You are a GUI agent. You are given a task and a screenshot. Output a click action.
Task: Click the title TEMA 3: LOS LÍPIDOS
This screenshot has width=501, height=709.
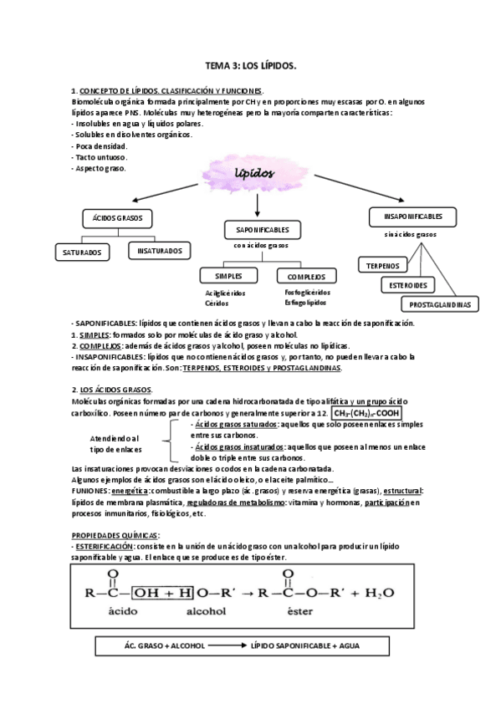(x=250, y=64)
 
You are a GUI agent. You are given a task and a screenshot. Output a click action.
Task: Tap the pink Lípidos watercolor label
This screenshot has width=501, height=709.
(x=250, y=175)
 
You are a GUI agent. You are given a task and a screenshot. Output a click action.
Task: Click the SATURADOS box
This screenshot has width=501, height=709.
(x=82, y=251)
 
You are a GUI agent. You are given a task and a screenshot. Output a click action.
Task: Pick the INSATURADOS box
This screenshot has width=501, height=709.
(x=160, y=250)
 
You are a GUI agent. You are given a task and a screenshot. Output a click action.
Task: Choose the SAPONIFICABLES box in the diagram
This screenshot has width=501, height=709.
(x=258, y=228)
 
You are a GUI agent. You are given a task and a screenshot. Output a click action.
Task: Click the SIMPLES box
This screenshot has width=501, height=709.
(x=228, y=275)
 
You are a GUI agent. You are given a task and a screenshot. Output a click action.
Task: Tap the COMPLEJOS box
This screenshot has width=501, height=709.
(x=306, y=276)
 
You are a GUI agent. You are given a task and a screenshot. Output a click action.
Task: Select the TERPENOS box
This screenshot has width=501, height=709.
(x=383, y=266)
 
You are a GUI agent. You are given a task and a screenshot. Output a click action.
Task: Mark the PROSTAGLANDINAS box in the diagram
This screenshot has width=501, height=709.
(x=440, y=304)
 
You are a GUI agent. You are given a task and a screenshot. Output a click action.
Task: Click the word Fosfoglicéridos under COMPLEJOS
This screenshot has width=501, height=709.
(x=307, y=293)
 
